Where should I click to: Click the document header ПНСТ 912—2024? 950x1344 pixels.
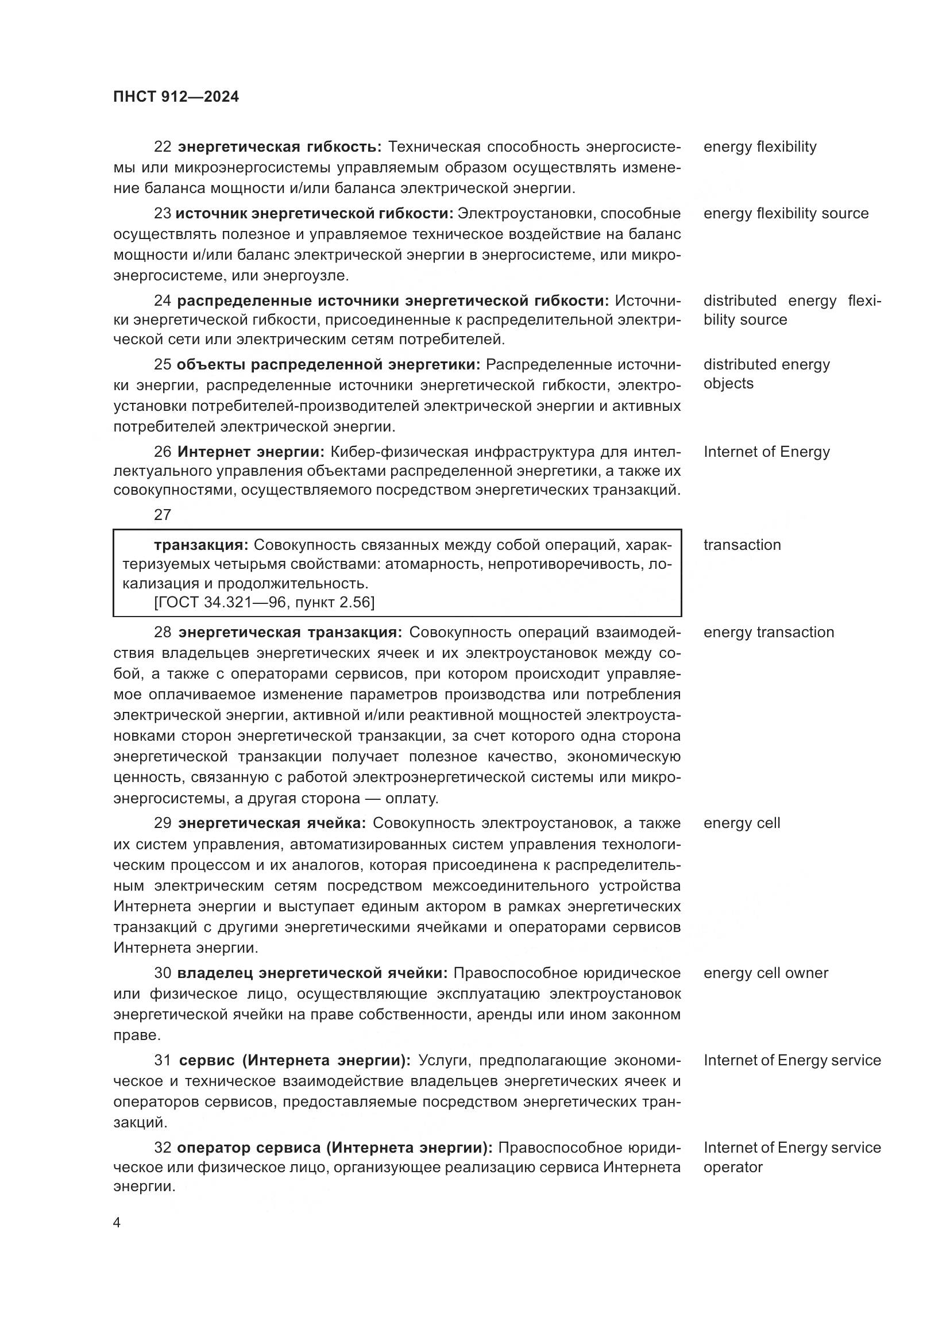click(176, 97)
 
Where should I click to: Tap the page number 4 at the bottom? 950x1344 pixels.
click(117, 1223)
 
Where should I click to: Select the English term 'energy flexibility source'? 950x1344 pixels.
click(786, 214)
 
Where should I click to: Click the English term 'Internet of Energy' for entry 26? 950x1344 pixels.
click(766, 452)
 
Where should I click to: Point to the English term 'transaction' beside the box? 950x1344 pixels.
click(742, 545)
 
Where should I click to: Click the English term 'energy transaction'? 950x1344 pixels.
click(769, 632)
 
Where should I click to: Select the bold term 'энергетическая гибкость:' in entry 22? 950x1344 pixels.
click(280, 147)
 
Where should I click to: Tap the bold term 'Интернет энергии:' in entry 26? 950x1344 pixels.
click(250, 452)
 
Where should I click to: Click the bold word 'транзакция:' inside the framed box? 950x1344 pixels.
click(201, 545)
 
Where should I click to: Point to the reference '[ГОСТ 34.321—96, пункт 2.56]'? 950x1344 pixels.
click(264, 602)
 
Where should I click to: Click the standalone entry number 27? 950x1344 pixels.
click(163, 515)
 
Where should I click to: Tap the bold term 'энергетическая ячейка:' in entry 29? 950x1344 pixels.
click(272, 823)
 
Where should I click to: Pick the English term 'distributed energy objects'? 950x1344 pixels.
click(766, 373)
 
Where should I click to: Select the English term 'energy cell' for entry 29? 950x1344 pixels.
click(742, 823)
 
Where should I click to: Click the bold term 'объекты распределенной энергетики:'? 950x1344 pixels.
click(328, 365)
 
